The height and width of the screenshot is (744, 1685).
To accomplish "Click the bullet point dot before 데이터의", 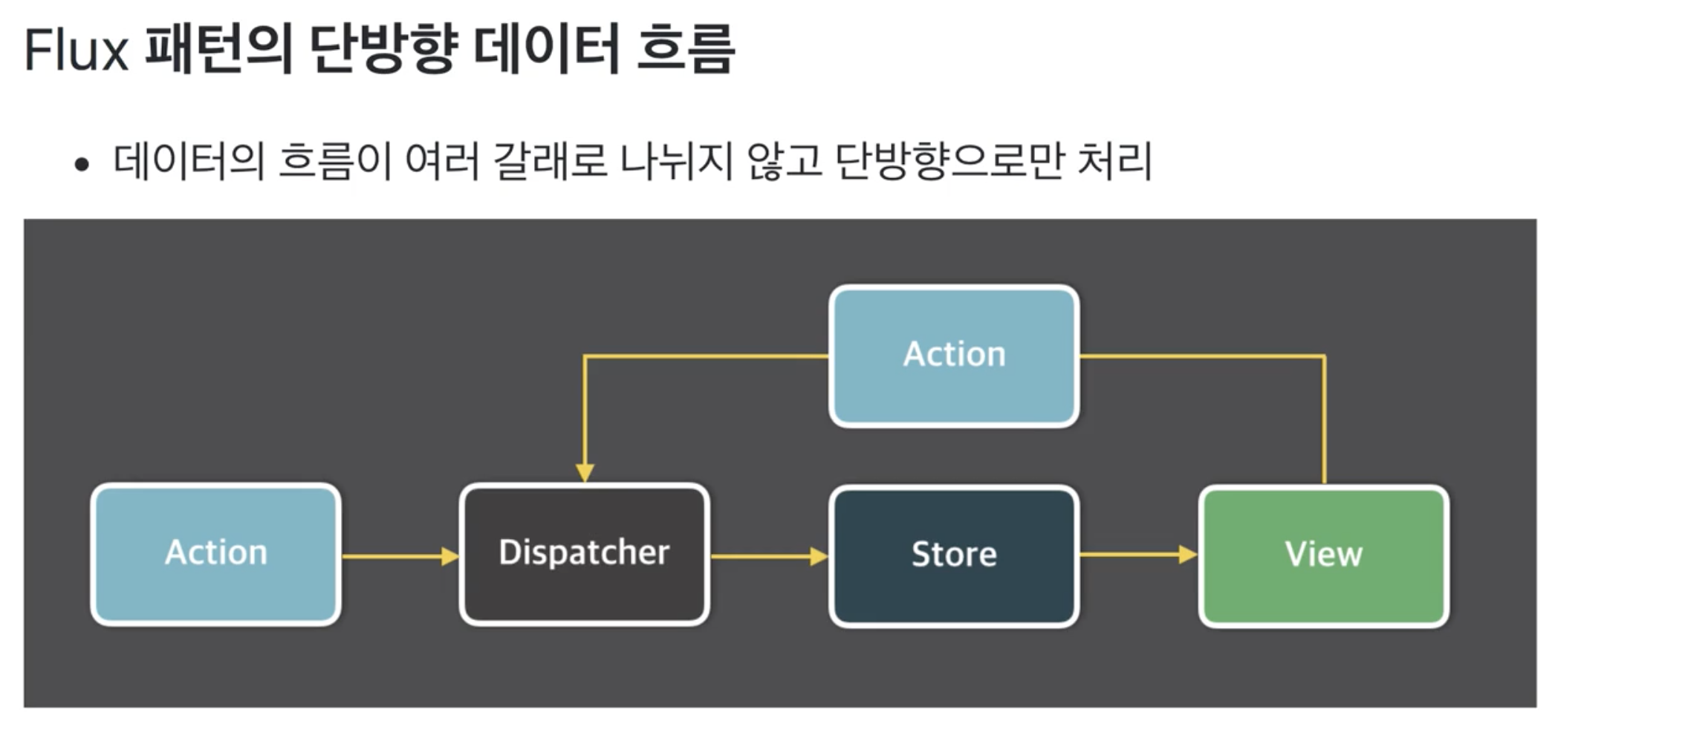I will coord(82,164).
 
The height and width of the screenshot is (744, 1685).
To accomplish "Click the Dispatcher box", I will coord(585,554).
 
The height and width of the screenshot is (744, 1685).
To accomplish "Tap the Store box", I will coord(954,555).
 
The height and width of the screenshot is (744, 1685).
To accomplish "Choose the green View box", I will coord(1324,555).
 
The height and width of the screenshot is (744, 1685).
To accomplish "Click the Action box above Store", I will coord(954,355).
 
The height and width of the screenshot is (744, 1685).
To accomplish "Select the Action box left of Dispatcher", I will coord(216,554).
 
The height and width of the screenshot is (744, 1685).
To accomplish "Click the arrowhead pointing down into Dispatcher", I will coord(585,472).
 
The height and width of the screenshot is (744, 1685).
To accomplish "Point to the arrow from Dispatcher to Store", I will coord(769,556).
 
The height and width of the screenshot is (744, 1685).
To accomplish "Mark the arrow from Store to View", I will coord(1138,555).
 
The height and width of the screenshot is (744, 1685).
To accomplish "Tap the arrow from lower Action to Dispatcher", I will coord(400,556).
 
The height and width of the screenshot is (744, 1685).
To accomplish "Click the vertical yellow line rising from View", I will coord(1324,423).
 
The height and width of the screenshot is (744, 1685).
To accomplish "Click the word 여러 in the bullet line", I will coord(442,161).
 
